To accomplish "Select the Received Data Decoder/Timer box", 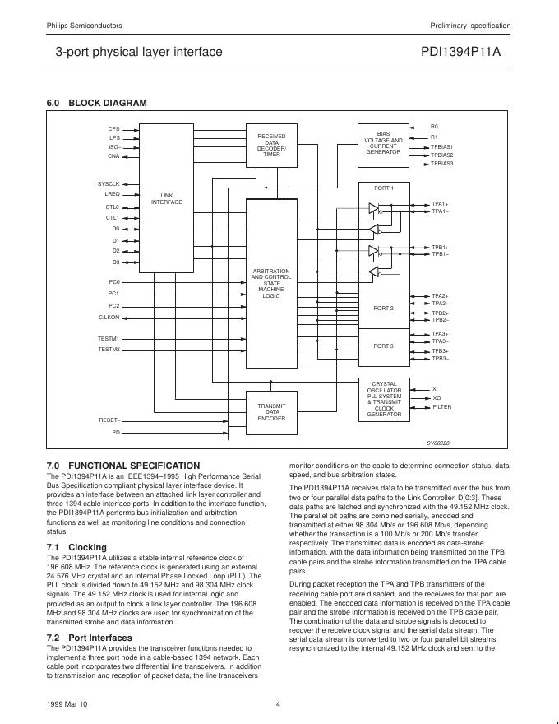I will (271, 144).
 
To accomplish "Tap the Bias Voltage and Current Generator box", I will (383, 142).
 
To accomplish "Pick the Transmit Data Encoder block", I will (271, 412).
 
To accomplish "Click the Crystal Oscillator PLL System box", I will (384, 399).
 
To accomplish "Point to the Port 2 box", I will (383, 309).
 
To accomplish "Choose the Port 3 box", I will (383, 346).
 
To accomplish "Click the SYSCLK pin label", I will (109, 183).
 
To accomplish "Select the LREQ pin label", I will (112, 193).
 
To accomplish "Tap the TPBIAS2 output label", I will (442, 155).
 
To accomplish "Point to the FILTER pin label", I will (442, 407).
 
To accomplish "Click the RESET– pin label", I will (109, 420).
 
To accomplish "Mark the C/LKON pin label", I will (109, 317).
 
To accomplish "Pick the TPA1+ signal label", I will (440, 204).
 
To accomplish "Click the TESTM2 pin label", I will (109, 350).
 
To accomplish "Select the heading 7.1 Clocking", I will (76, 547).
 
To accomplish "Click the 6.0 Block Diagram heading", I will (97, 103).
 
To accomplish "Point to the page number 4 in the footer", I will (278, 703).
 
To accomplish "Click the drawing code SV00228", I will (438, 442).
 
